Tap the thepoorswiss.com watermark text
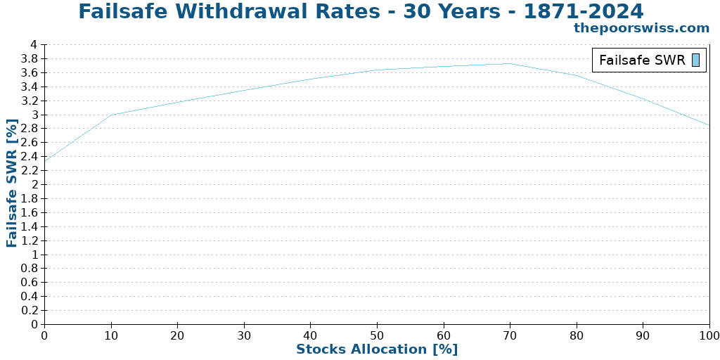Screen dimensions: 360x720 point(641,28)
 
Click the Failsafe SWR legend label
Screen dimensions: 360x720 point(641,60)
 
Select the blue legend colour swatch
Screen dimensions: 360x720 point(695,60)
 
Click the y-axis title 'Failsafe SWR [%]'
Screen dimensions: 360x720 point(12,183)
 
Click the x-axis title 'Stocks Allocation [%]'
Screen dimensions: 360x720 point(377,349)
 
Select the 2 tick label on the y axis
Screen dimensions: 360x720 point(33,184)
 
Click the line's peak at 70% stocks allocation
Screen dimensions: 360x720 point(510,63)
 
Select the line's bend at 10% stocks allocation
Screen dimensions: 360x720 point(111,115)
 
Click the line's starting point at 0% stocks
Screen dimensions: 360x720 point(45,161)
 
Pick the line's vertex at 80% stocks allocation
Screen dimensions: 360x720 point(577,75)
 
